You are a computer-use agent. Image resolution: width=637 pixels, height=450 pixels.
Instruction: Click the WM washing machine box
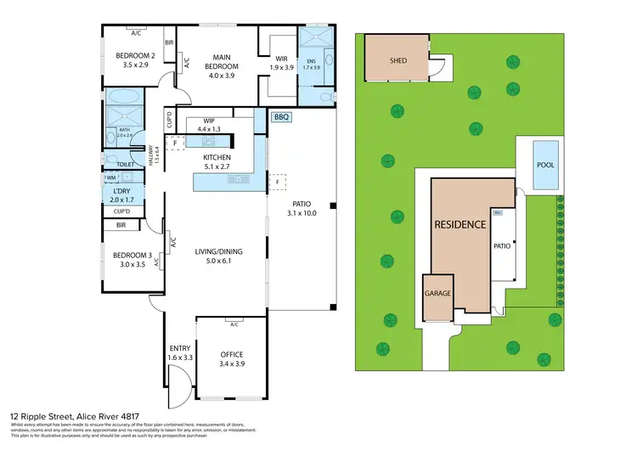(110, 177)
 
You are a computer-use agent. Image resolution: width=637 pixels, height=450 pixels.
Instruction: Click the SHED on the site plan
(397, 60)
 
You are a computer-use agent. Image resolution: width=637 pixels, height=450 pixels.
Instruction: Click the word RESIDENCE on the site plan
(459, 225)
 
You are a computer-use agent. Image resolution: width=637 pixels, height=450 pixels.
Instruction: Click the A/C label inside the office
(233, 323)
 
